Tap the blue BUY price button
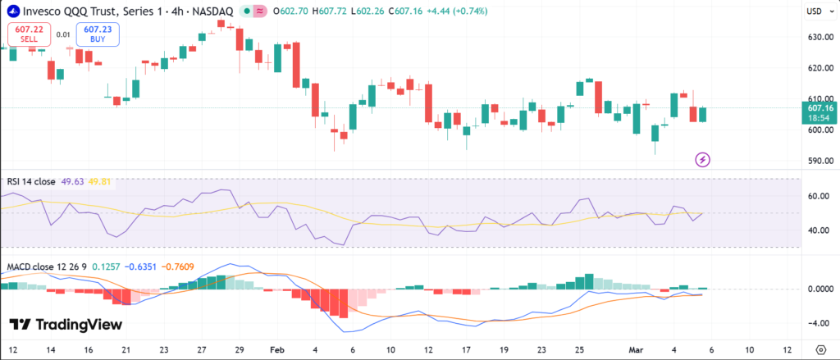[98, 34]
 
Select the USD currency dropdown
[816, 11]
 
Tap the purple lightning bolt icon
[702, 159]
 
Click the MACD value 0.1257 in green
[104, 267]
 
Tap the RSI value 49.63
[73, 181]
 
